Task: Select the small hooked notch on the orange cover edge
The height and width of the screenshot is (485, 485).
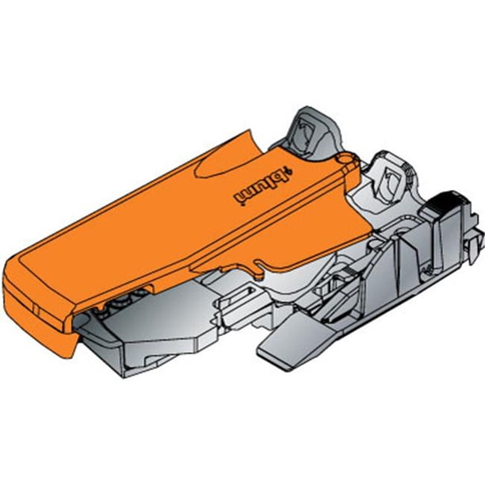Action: [x=259, y=269]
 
